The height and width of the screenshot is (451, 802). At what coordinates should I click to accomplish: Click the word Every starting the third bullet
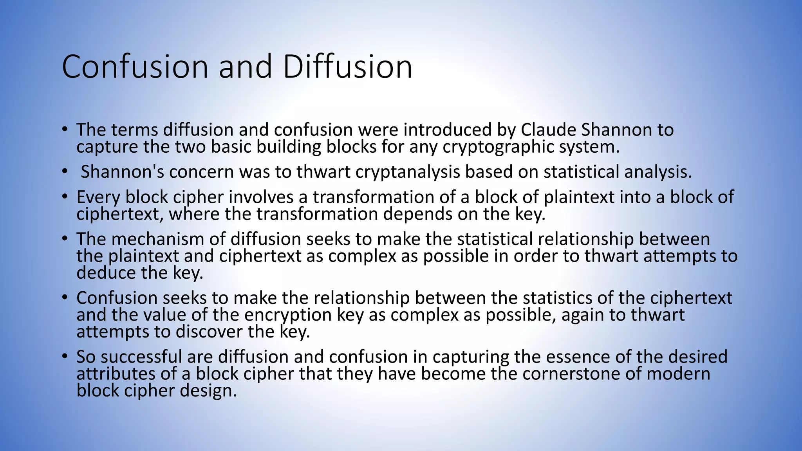98,197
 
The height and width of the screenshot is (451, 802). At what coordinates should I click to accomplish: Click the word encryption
303,315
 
